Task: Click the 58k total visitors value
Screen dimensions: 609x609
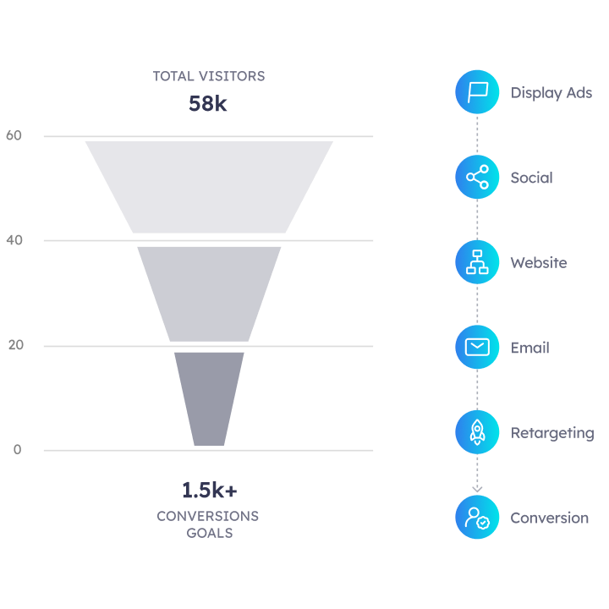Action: coord(208,104)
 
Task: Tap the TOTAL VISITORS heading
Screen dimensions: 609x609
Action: coord(208,76)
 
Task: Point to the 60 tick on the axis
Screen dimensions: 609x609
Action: coord(14,135)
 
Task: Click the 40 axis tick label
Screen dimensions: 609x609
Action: coord(14,240)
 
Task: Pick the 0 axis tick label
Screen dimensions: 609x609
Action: coord(17,449)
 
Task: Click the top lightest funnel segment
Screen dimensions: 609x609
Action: coord(209,186)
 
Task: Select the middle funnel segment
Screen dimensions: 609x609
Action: coord(209,293)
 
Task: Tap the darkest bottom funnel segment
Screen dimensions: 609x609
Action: coord(209,398)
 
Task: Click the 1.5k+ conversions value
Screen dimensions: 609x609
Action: coord(209,491)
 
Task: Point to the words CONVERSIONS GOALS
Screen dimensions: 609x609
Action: coord(208,524)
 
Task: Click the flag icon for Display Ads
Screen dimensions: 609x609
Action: coord(477,92)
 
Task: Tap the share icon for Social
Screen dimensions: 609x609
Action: coord(477,178)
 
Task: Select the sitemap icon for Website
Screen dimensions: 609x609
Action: coord(477,262)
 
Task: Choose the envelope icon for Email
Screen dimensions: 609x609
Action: coord(477,348)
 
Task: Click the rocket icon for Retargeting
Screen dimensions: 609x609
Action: coord(477,432)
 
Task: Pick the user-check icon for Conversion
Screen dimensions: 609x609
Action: coord(477,518)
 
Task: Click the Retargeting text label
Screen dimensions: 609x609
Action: coord(551,433)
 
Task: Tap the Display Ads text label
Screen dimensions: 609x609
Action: coord(551,93)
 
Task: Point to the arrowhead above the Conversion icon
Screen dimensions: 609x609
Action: coord(477,488)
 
